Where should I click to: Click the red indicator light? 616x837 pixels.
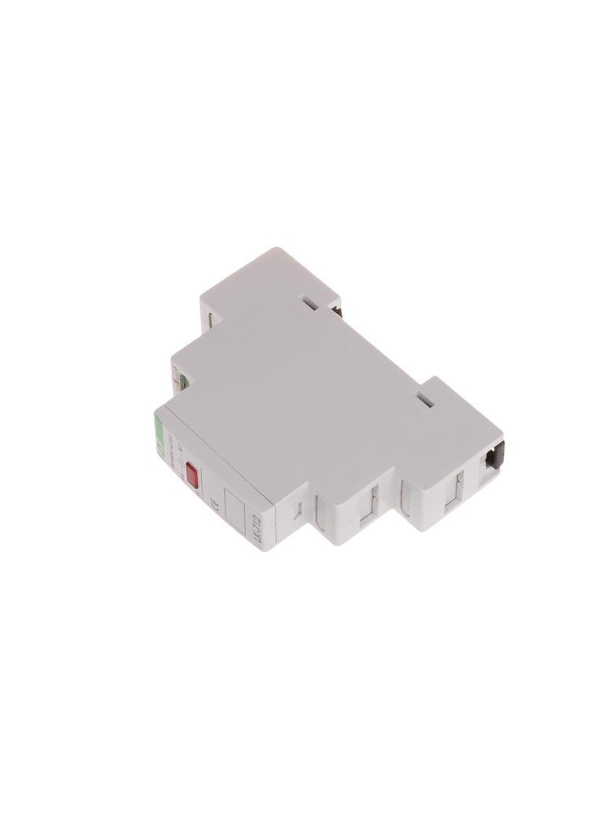(192, 473)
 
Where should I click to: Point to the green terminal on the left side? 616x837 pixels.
(180, 384)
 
